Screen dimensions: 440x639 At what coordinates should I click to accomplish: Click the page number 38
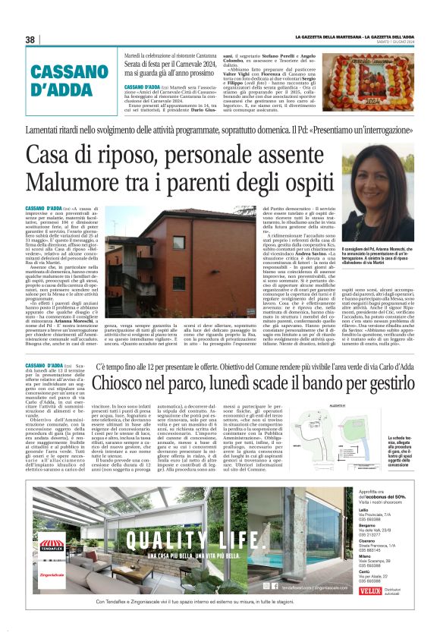point(30,39)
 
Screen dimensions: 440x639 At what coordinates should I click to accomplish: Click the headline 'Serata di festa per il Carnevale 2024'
point(174,68)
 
